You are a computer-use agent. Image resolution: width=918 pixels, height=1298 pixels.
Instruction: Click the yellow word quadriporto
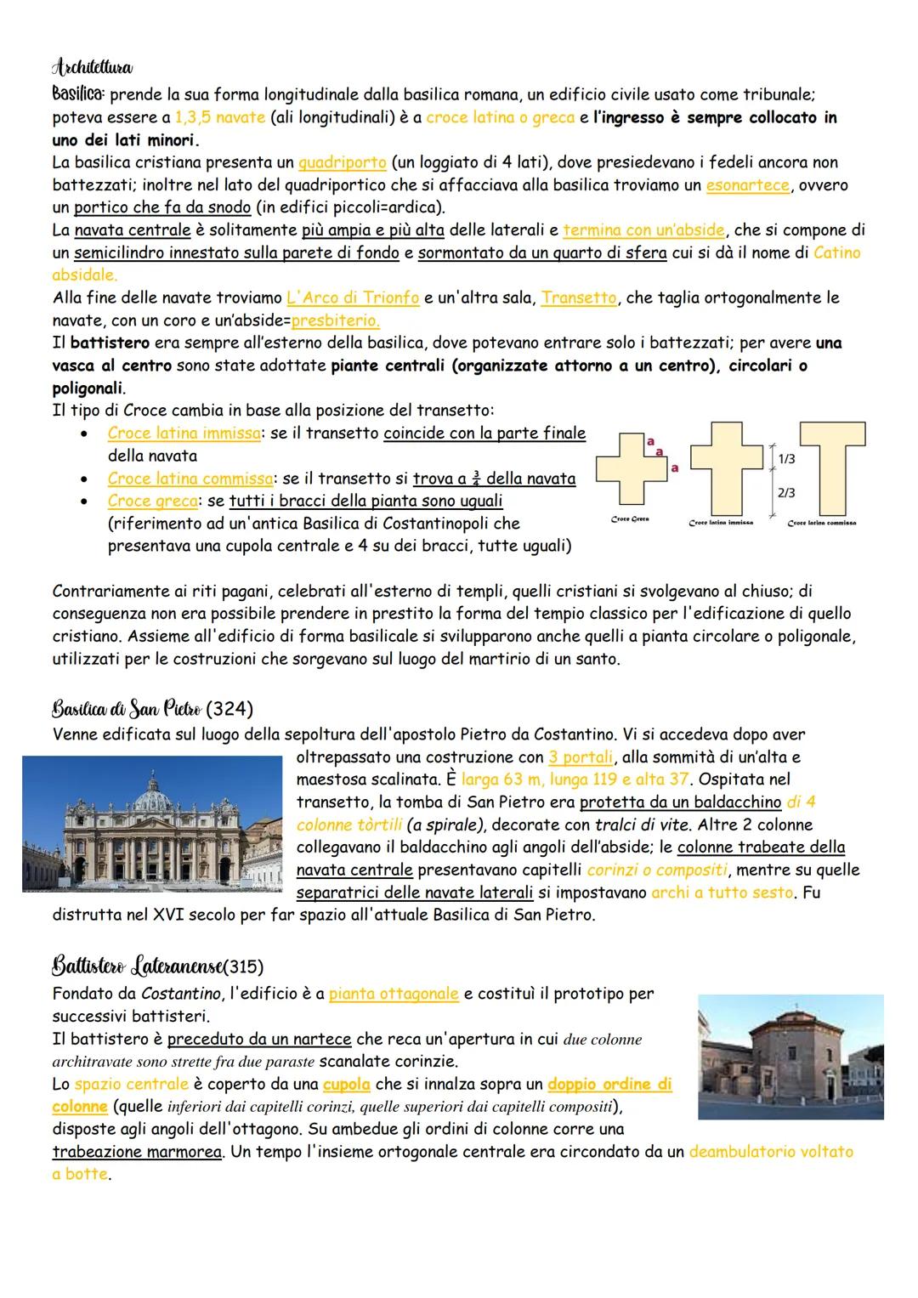[x=342, y=162]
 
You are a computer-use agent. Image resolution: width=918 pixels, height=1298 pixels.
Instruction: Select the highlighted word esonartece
[x=747, y=184]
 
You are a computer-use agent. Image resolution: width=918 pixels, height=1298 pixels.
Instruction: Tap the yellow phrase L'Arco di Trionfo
[x=353, y=298]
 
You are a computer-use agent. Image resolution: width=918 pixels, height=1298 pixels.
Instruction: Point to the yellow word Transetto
[x=579, y=298]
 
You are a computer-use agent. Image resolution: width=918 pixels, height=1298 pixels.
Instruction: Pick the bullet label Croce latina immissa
[x=184, y=434]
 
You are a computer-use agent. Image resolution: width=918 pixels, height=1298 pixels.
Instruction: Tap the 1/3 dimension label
[x=786, y=459]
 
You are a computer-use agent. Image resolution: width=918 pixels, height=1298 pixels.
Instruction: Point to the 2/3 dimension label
[x=786, y=493]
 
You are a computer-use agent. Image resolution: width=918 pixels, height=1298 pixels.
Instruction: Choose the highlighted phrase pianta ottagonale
[x=394, y=994]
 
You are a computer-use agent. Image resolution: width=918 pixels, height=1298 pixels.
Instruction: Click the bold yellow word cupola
[x=346, y=1084]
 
